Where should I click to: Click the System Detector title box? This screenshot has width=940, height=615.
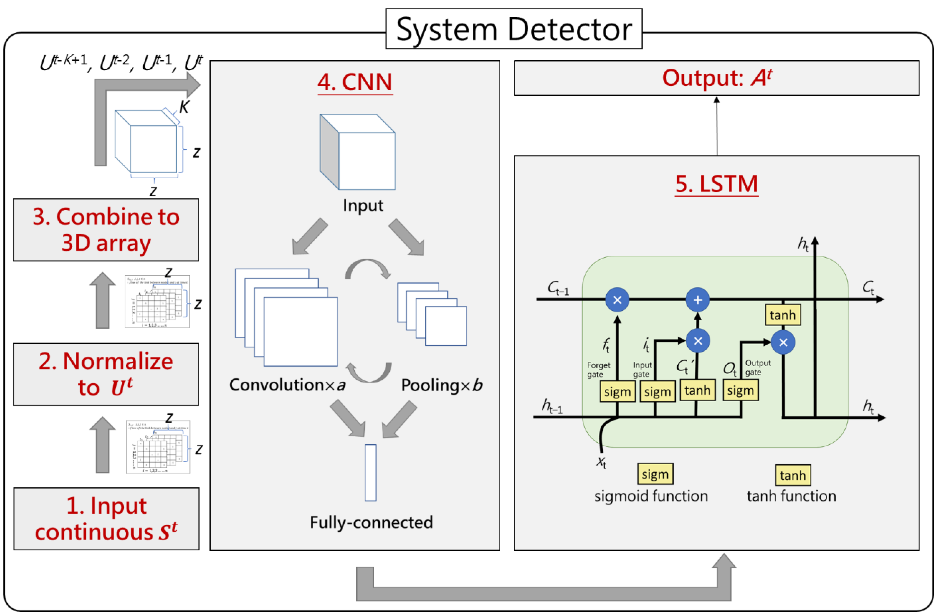(x=514, y=29)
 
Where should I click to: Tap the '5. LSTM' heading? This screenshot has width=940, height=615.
(x=716, y=184)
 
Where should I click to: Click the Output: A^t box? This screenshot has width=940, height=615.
(x=716, y=78)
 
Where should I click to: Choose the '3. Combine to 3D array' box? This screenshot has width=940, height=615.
(x=106, y=230)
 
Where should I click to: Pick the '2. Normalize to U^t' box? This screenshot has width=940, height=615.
(x=106, y=374)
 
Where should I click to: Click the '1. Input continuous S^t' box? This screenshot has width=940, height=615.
(x=106, y=518)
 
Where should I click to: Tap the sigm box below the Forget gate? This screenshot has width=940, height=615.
(x=617, y=392)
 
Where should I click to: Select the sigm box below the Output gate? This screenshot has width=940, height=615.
(x=740, y=391)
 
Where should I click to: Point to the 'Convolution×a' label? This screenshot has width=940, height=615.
(x=287, y=385)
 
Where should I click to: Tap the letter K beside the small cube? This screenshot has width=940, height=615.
(x=184, y=107)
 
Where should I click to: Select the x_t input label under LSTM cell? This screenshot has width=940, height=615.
(x=601, y=461)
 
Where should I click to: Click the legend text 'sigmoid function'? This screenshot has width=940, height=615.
(x=651, y=496)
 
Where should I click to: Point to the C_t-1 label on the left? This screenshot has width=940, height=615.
(x=558, y=288)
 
